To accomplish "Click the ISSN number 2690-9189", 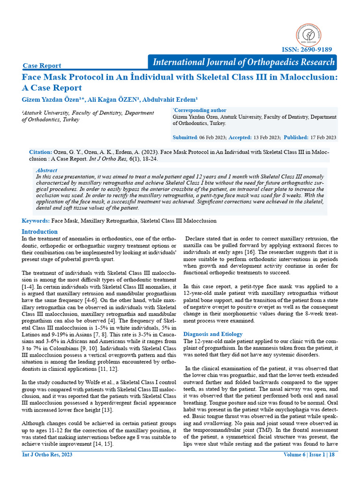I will point(307,50).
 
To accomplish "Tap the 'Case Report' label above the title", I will point(42,66).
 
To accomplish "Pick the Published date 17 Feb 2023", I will point(323,137).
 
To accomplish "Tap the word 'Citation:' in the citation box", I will point(40,152).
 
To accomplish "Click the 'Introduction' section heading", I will point(40,232).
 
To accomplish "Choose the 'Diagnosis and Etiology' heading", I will point(213,334).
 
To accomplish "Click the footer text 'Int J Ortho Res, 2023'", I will point(47,455).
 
